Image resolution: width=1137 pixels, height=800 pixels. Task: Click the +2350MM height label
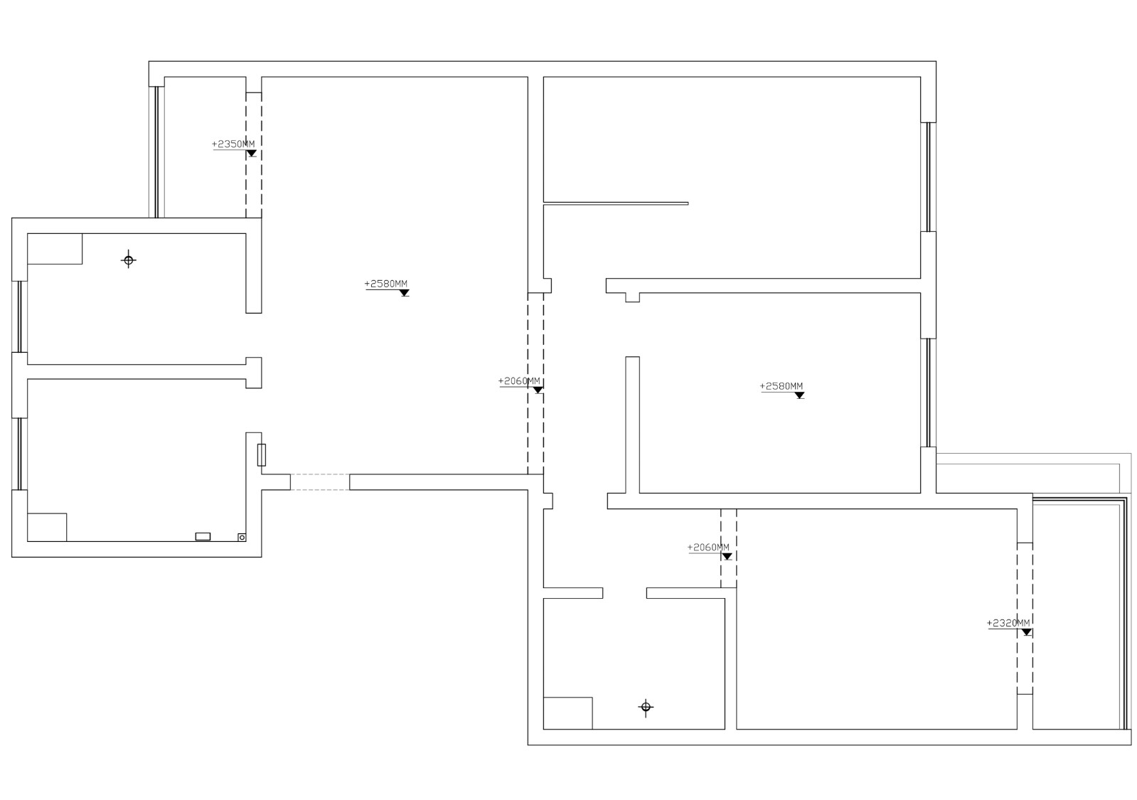[233, 144]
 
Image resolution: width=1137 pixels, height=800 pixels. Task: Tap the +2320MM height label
[1008, 623]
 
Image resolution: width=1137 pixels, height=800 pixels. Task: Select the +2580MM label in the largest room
[386, 284]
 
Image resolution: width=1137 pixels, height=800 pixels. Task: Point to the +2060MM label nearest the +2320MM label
[708, 548]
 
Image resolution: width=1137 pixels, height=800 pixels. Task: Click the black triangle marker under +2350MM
[251, 154]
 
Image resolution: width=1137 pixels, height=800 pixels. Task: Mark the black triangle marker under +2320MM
[1026, 632]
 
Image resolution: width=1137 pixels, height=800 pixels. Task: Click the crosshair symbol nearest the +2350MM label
[129, 260]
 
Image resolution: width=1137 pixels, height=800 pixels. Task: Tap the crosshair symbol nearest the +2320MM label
[646, 707]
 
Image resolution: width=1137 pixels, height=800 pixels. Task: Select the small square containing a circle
[242, 537]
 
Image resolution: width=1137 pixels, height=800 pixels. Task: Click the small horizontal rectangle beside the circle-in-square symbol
[203, 537]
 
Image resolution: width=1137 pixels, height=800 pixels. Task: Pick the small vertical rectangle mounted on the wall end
[262, 455]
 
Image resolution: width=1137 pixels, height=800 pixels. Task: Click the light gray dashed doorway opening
[320, 482]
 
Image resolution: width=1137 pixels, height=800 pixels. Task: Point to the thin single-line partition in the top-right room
[616, 203]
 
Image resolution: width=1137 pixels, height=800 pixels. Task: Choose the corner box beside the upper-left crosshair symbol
[55, 249]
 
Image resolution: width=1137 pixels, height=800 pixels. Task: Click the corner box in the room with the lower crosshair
[567, 713]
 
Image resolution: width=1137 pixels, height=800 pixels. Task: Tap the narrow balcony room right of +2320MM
[1076, 614]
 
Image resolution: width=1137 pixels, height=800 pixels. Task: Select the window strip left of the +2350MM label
[156, 151]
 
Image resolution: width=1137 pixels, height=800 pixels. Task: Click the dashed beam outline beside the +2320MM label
[1025, 618]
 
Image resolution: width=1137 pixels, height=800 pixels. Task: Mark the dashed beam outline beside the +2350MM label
[254, 155]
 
